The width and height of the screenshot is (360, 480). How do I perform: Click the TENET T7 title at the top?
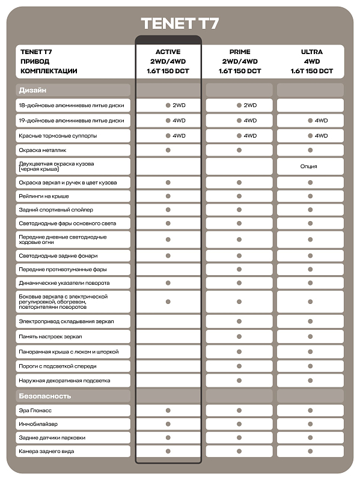180,23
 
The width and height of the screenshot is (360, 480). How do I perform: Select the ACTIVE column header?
168,52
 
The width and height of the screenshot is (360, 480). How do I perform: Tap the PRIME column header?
239,52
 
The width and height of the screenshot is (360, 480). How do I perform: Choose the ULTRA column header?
311,52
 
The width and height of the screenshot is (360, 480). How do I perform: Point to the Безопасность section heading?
44,396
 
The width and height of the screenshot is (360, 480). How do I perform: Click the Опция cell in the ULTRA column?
311,166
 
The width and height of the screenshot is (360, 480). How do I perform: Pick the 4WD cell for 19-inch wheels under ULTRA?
318,121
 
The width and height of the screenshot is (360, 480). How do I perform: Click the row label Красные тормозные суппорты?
58,136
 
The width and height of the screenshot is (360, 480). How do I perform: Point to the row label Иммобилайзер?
38,424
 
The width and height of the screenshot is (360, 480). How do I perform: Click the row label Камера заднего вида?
47,451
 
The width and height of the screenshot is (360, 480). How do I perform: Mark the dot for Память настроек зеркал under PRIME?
239,336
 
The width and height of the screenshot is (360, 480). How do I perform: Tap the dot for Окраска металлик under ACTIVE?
168,150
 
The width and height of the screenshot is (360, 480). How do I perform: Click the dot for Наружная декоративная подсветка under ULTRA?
311,380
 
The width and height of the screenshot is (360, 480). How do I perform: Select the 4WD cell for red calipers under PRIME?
247,136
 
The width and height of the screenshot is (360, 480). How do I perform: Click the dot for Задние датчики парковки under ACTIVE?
168,438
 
